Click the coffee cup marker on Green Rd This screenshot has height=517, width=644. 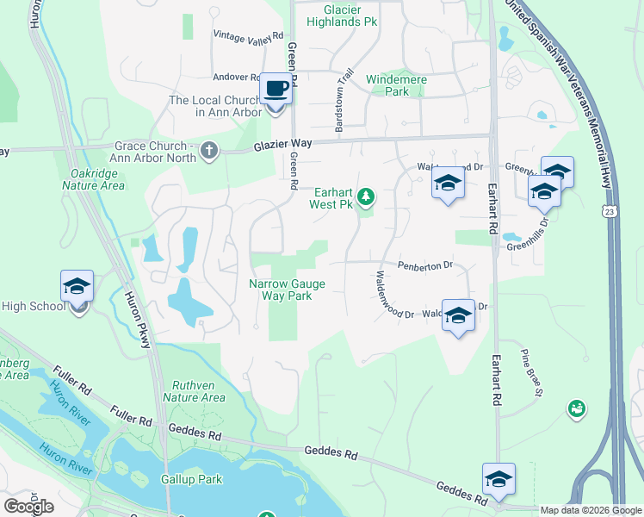276,89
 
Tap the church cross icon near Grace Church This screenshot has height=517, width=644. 208,152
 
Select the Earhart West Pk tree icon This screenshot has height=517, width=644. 366,197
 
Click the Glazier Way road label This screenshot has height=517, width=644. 282,147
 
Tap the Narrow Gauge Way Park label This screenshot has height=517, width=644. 280,289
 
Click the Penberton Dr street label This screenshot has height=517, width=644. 424,265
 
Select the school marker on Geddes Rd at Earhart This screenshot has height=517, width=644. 498,480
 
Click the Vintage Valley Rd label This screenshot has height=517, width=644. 248,35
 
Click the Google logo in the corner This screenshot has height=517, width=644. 28,507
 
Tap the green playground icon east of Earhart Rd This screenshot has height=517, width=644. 576,408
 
